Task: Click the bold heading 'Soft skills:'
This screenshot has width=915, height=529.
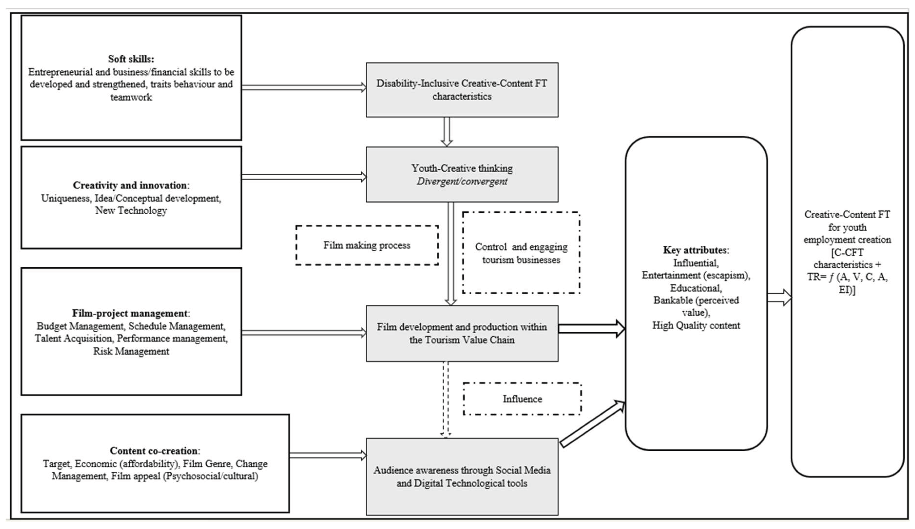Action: coord(131,59)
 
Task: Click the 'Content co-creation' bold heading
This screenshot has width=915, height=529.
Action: coord(154,451)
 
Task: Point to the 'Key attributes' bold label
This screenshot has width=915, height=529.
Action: coord(695,250)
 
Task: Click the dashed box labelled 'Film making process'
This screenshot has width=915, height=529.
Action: coord(367,245)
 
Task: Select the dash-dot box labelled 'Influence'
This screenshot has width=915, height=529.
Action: coord(522,399)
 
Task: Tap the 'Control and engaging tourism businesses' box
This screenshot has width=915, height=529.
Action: coord(521,253)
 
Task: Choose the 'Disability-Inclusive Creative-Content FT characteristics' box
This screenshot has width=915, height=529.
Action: coord(462,90)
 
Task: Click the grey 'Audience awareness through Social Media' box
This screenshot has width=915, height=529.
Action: coord(462,476)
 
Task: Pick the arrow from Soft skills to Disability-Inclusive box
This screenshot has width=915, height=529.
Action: coord(303,87)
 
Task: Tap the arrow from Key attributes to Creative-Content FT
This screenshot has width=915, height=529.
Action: coord(779,298)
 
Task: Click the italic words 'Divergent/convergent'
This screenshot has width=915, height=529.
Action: coord(462,181)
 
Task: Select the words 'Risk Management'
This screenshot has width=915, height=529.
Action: coord(131,351)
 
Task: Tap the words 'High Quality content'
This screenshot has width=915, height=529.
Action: coord(696,325)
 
